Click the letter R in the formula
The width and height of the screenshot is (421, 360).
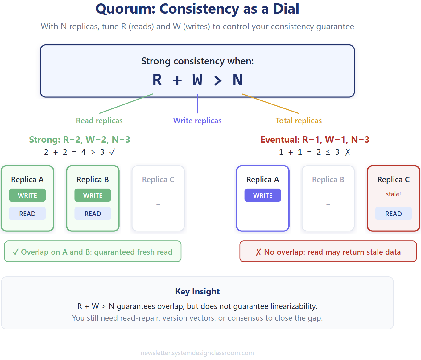point(157,80)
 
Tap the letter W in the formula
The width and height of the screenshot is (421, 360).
point(197,80)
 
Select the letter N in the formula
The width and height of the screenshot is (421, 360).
point(237,80)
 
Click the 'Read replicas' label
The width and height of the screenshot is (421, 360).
point(99,121)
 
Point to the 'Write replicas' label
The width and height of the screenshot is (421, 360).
point(197,121)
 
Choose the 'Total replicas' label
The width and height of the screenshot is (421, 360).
point(299,121)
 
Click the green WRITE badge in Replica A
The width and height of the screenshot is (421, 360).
point(27,195)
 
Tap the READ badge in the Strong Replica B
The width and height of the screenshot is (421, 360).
point(93,214)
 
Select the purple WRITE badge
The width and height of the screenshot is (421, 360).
point(263,195)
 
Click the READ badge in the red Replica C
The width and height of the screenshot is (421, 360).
point(394,214)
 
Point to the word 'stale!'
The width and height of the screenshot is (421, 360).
point(394,194)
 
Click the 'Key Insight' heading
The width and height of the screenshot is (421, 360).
point(197,291)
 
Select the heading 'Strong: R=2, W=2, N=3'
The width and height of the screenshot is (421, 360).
point(80,140)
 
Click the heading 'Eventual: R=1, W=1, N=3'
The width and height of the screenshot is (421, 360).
point(315,140)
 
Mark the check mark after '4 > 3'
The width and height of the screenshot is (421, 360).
point(112,152)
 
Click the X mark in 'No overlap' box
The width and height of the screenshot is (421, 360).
point(258,252)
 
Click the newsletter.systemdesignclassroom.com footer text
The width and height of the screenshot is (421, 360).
point(197,353)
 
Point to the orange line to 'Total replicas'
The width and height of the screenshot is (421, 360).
point(270,104)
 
